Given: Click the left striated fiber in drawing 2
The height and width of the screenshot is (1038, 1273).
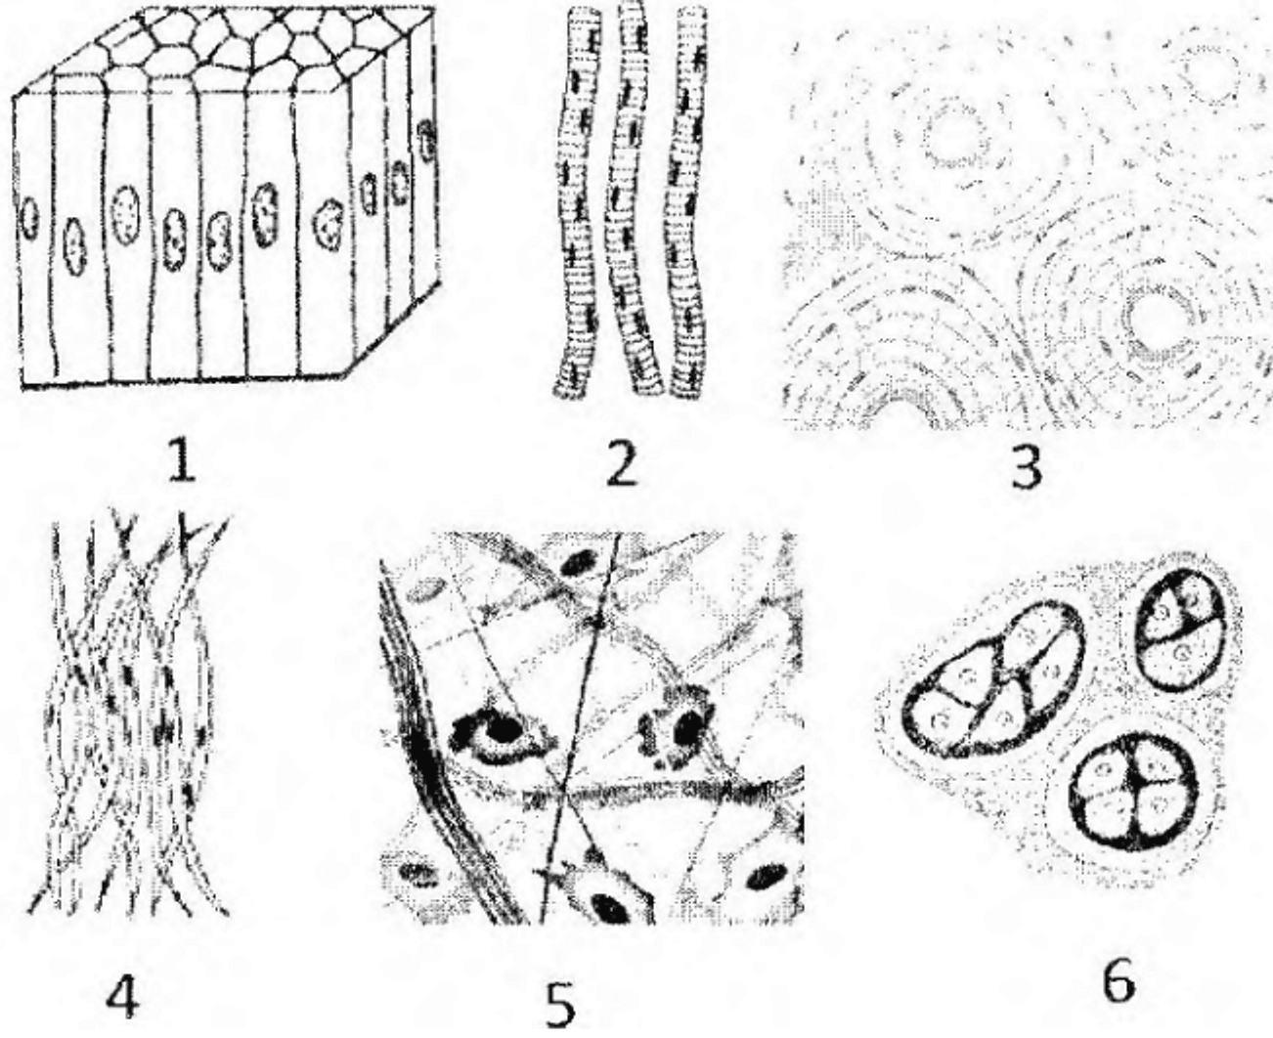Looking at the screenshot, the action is tap(578, 205).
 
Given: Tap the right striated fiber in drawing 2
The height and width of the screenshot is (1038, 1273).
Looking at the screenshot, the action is tap(688, 202).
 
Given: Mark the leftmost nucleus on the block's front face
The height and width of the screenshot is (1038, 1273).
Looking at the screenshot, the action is tap(29, 217).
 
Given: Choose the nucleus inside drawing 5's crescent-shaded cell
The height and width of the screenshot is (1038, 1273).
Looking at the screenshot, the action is tap(503, 729).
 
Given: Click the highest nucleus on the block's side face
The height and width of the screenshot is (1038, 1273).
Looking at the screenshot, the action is tap(426, 140).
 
